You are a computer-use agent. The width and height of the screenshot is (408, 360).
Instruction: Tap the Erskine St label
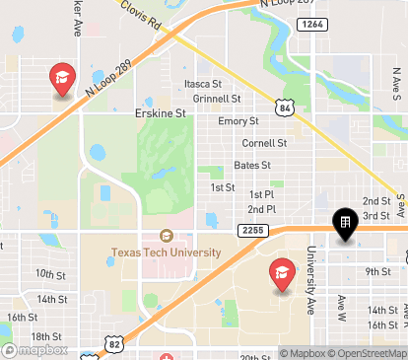[x=160, y=114]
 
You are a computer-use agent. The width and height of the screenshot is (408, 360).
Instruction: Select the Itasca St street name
[x=204, y=85]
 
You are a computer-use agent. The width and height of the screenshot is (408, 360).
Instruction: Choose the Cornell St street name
[x=264, y=143]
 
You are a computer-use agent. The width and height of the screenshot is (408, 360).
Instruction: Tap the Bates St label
[x=251, y=165]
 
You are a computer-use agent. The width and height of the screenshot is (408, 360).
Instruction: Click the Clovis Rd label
[x=141, y=16]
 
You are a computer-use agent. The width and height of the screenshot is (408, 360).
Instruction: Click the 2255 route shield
[x=249, y=230]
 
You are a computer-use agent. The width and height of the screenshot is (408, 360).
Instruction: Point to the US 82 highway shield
[x=89, y=343]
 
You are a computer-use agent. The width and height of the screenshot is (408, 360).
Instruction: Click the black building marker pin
[x=344, y=225]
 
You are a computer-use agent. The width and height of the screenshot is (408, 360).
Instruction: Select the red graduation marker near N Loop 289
[x=62, y=79]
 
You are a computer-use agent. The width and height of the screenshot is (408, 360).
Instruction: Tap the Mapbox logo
[x=35, y=349]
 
